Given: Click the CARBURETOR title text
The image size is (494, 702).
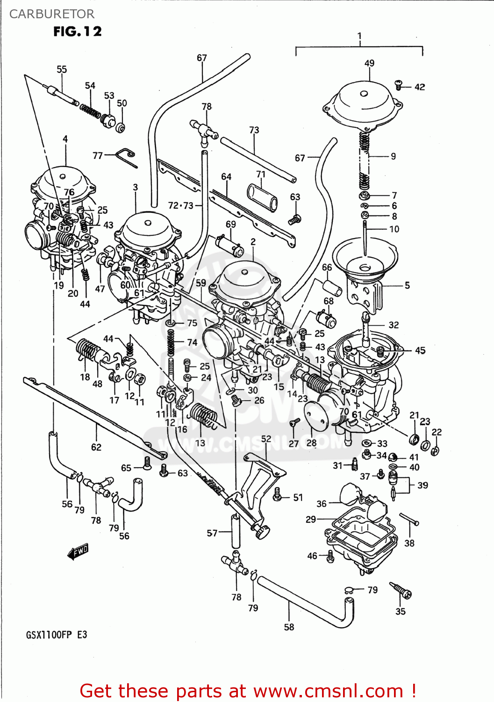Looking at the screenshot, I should tap(51, 14).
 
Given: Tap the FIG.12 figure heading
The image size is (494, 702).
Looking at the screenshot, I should tap(77, 31).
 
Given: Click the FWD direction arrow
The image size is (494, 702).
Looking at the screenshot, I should tap(78, 552).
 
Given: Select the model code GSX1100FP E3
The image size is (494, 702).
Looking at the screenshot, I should tap(56, 635).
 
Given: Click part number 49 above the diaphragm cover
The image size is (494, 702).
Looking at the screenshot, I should tap(369, 63).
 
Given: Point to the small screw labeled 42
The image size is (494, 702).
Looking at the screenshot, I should tap(399, 85).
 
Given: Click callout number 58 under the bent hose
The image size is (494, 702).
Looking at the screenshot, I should tap(289, 627).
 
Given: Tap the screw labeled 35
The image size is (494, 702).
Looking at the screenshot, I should tap(401, 591).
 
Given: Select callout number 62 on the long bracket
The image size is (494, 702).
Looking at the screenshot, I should tap(96, 447).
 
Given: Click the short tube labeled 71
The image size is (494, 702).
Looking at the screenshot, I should tap(262, 197).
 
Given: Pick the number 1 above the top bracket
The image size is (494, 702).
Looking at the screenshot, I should tap(359, 36).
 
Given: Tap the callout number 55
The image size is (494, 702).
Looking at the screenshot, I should tap(62, 69).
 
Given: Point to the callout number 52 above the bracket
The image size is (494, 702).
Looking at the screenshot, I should tap(266, 439).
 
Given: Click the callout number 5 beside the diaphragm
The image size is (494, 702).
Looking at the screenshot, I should tap(407, 285).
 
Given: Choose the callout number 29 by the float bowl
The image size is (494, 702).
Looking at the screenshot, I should tap(311, 519).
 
